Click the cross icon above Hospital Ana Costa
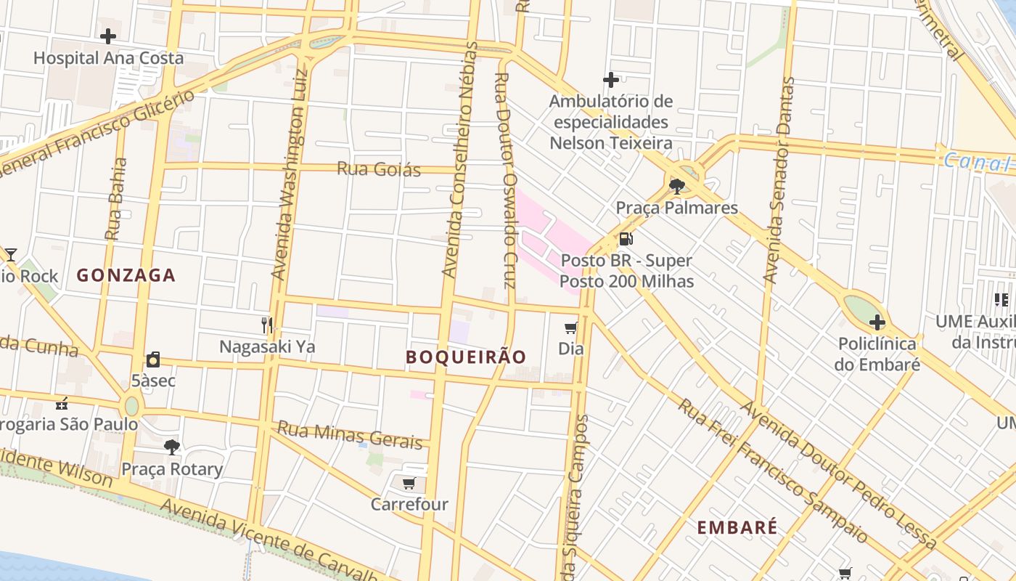pyautogui.click(x=108, y=36)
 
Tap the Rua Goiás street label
pyautogui.click(x=378, y=169)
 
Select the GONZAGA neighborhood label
pyautogui.click(x=126, y=275)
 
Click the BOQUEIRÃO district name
pyautogui.click(x=466, y=357)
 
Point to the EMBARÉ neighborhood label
pyautogui.click(x=737, y=528)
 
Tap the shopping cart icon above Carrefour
pyautogui.click(x=409, y=483)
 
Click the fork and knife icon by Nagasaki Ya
pyautogui.click(x=267, y=325)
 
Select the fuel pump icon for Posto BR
pyautogui.click(x=626, y=239)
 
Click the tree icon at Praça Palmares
pyautogui.click(x=677, y=186)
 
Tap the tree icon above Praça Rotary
pyautogui.click(x=172, y=447)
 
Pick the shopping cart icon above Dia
pyautogui.click(x=571, y=328)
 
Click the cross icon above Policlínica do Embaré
pyautogui.click(x=877, y=322)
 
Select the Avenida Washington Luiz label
pyautogui.click(x=290, y=174)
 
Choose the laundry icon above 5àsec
pyautogui.click(x=153, y=359)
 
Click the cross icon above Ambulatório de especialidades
pyautogui.click(x=611, y=79)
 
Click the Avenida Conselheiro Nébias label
pyautogui.click(x=460, y=160)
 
